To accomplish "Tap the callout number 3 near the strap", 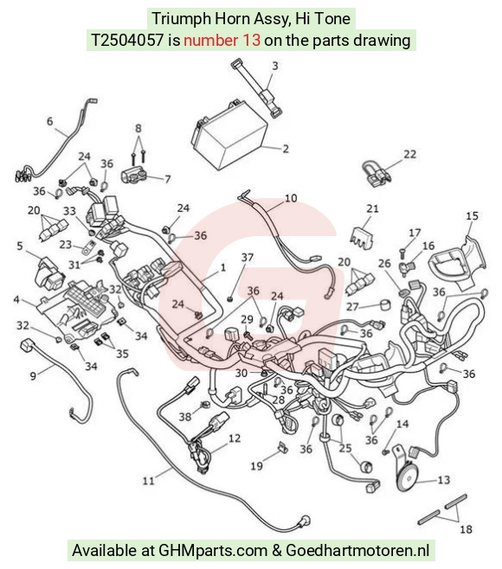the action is point(275,66).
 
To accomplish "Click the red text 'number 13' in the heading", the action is point(222,40).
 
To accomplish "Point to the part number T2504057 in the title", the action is point(126,40).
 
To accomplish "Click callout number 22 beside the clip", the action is point(409,154).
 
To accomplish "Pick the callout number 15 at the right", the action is point(472,216).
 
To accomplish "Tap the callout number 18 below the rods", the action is point(466,529).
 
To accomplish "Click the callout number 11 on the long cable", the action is point(149,481).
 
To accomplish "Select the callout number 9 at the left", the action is point(33,375).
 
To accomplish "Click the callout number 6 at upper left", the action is point(49,121).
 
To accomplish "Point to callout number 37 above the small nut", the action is point(248,258).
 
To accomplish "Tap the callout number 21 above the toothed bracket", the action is point(372,208).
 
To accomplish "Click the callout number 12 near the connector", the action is point(235,438).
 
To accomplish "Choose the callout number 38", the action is point(185,417).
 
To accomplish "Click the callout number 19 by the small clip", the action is point(256,465).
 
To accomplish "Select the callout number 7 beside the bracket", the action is point(167,179).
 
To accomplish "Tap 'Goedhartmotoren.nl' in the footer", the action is point(357,551).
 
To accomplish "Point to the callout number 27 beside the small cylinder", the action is point(352,307).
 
